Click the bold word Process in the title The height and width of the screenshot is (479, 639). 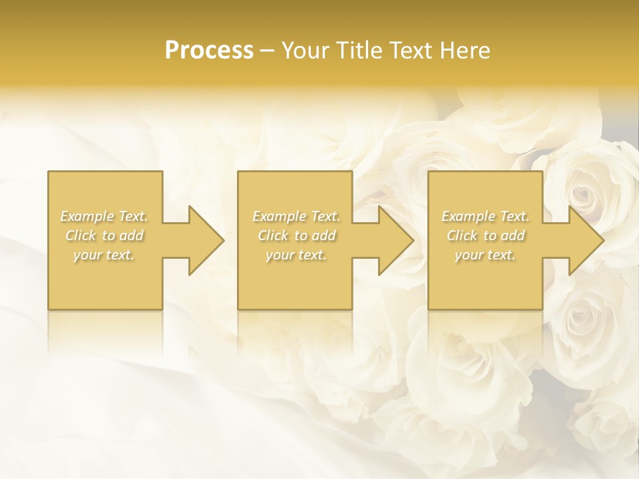209,51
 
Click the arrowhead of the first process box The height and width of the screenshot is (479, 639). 204,240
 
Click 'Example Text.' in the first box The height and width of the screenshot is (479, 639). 105,216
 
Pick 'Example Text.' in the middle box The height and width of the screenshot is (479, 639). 296,216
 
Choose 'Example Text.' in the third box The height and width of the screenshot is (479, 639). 485,216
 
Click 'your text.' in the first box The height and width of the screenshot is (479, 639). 104,255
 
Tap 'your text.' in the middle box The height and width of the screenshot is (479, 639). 296,255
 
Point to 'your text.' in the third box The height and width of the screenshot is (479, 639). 485,255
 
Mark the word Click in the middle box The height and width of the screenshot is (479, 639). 273,236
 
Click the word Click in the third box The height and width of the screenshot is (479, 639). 462,236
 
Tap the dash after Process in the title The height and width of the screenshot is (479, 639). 267,51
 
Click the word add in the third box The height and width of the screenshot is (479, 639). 513,236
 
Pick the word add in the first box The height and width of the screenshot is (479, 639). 132,236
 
